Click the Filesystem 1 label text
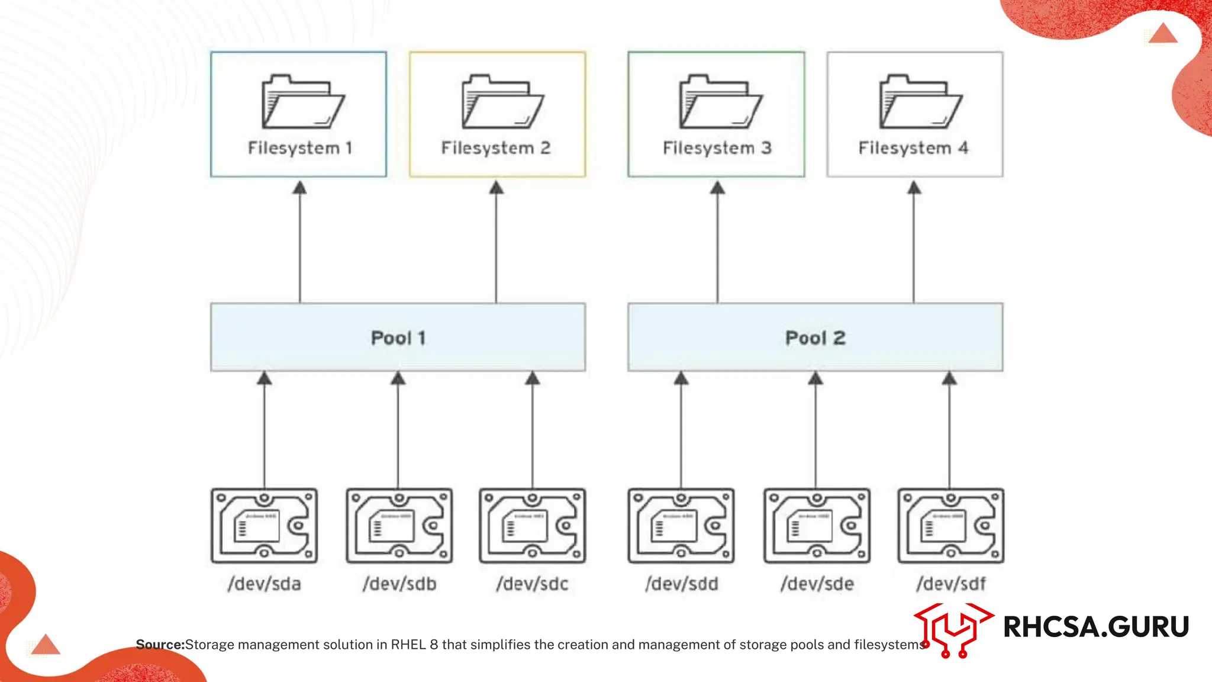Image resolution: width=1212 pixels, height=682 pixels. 299,148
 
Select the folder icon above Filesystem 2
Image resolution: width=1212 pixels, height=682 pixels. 502,102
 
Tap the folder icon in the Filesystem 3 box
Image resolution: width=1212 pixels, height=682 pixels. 720,102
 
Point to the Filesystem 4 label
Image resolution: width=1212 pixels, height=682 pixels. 913,148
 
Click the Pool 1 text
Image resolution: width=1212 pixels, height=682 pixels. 398,338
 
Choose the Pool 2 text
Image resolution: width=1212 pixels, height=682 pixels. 815,338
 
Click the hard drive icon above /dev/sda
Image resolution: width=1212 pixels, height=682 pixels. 265,526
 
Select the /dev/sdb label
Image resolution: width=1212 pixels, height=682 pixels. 399,584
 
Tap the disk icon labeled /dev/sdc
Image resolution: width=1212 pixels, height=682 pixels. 533,526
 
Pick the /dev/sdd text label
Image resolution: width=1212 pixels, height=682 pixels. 682,584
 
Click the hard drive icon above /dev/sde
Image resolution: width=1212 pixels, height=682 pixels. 817,526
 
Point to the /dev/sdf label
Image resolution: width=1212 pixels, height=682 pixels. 951,584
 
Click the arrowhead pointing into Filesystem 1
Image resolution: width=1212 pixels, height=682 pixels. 300,188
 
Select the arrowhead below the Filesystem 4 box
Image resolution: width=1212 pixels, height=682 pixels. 914,188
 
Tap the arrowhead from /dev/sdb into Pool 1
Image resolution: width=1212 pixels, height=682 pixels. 398,378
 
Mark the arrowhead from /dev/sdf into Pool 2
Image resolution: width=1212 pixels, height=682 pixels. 949,378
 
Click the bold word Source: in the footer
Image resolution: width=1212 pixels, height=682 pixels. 160,645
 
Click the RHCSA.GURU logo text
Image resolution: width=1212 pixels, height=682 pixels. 1096,627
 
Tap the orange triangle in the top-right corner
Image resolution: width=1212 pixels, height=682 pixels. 1163,34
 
